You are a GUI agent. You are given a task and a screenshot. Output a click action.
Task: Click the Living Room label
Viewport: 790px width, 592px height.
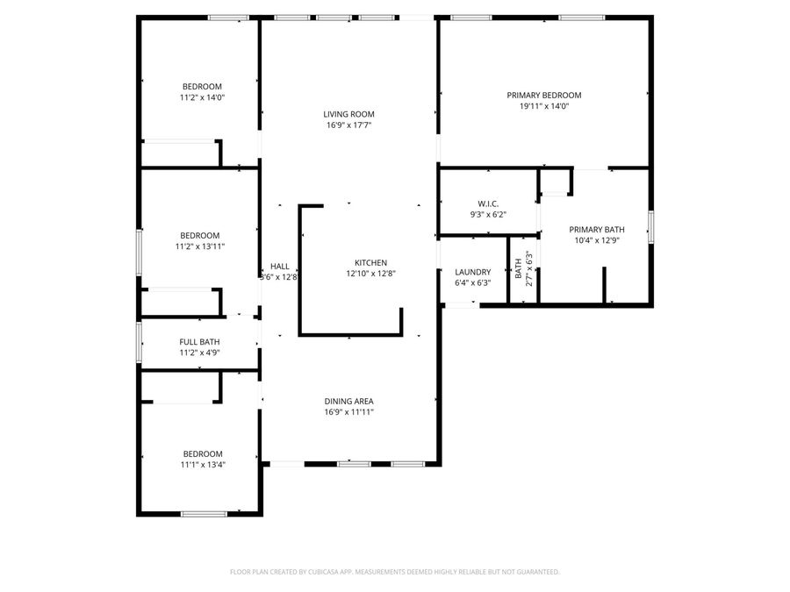tap(348, 114)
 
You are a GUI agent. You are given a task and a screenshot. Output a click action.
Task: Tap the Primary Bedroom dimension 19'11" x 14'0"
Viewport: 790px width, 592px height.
tap(543, 106)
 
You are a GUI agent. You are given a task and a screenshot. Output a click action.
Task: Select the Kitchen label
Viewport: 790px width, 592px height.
tap(370, 262)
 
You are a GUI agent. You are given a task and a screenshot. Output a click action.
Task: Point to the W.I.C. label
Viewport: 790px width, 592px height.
tap(488, 203)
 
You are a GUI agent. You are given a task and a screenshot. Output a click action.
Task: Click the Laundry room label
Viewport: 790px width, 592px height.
tap(472, 272)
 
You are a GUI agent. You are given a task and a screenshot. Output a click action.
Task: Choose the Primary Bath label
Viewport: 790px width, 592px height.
tap(596, 229)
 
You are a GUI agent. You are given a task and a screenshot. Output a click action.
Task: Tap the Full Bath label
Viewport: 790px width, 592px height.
tap(199, 342)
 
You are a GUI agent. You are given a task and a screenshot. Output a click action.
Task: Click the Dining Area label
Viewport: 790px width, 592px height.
tap(348, 401)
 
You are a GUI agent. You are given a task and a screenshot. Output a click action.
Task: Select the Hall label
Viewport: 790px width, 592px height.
tap(279, 266)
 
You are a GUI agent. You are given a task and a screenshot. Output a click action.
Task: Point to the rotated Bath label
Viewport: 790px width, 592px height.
tap(519, 274)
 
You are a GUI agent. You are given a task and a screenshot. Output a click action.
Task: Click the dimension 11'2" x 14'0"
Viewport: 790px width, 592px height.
tap(201, 97)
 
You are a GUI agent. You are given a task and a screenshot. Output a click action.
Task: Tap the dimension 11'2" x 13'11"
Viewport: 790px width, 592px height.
tap(201, 246)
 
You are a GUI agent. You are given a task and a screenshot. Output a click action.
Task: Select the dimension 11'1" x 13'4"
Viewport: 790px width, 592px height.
tap(201, 465)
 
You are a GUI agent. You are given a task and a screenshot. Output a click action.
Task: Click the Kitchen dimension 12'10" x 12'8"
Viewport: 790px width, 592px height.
tap(370, 274)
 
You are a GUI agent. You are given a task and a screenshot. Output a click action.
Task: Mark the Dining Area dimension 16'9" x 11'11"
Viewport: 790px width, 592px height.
tap(348, 412)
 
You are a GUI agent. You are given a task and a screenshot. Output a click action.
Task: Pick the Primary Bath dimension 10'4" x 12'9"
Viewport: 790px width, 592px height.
tap(596, 240)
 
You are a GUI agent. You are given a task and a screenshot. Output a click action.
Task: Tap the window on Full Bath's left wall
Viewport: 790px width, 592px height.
tap(138, 342)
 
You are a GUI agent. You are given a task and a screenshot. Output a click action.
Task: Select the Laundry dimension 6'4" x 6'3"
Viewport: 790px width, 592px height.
tap(472, 283)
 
